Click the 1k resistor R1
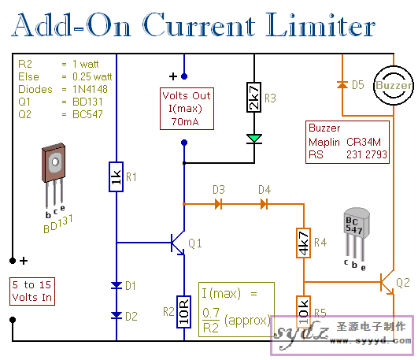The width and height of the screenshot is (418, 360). pos(116,176)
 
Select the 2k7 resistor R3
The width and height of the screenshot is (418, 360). pos(253,98)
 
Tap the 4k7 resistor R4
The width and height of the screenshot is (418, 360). pos(303,243)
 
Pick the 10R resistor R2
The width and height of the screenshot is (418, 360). pos(183,312)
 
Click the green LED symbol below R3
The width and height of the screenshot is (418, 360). pos(254,139)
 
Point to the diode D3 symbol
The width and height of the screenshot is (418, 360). pos(218,204)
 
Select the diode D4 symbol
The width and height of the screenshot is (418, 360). pos(264,204)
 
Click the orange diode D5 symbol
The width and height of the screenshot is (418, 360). pos(342,85)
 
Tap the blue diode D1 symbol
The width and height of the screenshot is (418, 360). pos(117,285)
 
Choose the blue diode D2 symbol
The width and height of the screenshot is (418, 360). pos(117,315)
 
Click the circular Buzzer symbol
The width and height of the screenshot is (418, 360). pos(394,85)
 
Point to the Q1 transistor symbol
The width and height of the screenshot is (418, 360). pos(177,243)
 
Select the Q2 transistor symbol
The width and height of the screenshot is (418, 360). pos(387,282)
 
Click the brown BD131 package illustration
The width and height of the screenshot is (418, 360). pos(54,176)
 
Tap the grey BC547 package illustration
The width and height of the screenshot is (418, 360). pos(356,234)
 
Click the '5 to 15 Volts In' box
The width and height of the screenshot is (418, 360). pos(32,291)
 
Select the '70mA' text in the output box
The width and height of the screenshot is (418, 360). pos(185,121)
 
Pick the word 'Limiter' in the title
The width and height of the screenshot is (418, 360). pos(320,25)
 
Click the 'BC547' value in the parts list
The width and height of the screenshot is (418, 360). pos(87,114)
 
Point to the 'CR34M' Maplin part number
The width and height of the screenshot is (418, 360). pos(364,142)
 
